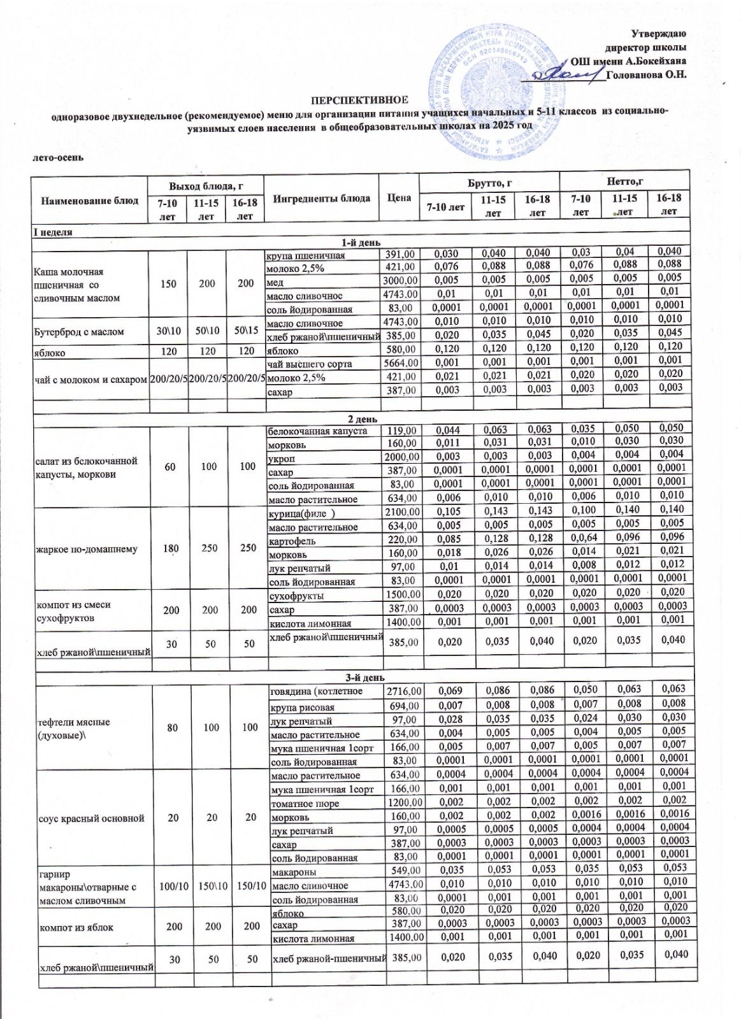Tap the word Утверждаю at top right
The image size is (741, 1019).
click(x=658, y=33)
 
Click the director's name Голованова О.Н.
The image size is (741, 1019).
click(x=647, y=75)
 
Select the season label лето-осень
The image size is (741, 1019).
click(x=58, y=156)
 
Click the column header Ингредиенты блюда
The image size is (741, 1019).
click(x=321, y=198)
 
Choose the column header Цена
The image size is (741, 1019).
click(x=399, y=198)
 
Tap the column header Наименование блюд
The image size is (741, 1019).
click(x=90, y=200)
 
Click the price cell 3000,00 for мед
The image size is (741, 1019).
click(x=399, y=281)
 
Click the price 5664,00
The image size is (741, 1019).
click(x=399, y=364)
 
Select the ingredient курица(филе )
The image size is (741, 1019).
click(x=302, y=513)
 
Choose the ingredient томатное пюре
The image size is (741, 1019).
click(x=305, y=804)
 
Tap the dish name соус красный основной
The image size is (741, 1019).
click(x=92, y=818)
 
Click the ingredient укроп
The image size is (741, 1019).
click(x=282, y=459)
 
